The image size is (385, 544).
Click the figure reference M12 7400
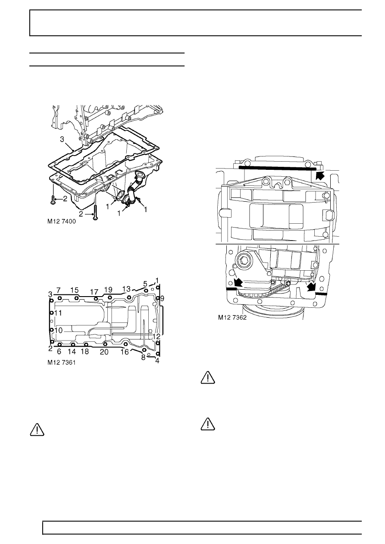(62, 222)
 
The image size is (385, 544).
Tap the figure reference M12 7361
(62, 363)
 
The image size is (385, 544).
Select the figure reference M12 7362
(232, 318)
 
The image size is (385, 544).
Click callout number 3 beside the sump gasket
(62, 139)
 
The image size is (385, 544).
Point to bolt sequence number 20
(104, 352)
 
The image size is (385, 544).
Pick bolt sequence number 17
(94, 292)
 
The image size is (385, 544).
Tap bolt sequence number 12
(157, 336)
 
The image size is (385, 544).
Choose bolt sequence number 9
(162, 298)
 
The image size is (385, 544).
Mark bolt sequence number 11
(58, 313)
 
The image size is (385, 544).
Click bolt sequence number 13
(127, 289)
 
